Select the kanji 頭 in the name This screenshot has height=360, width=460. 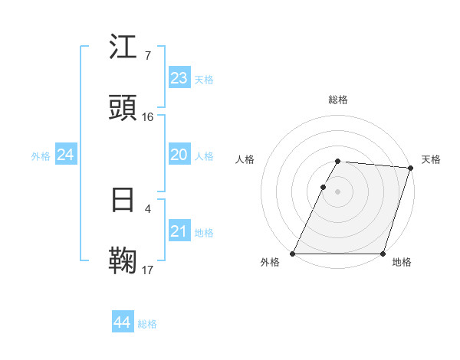(x=123, y=108)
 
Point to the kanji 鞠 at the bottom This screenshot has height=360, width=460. (x=123, y=260)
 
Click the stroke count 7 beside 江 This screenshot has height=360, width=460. (x=147, y=56)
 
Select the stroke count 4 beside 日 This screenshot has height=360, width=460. (x=147, y=208)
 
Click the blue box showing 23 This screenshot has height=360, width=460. (x=179, y=77)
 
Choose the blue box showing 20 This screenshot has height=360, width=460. (x=179, y=155)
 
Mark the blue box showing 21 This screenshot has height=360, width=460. (x=179, y=231)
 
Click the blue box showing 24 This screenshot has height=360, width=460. (x=66, y=155)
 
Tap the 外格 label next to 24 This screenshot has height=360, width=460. (x=41, y=155)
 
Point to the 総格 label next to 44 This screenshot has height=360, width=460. (x=147, y=324)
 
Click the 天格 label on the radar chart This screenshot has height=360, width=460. (x=431, y=159)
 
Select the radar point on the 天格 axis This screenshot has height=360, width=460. (x=410, y=168)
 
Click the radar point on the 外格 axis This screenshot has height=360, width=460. (x=293, y=254)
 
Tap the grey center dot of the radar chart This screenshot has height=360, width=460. (x=338, y=191)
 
